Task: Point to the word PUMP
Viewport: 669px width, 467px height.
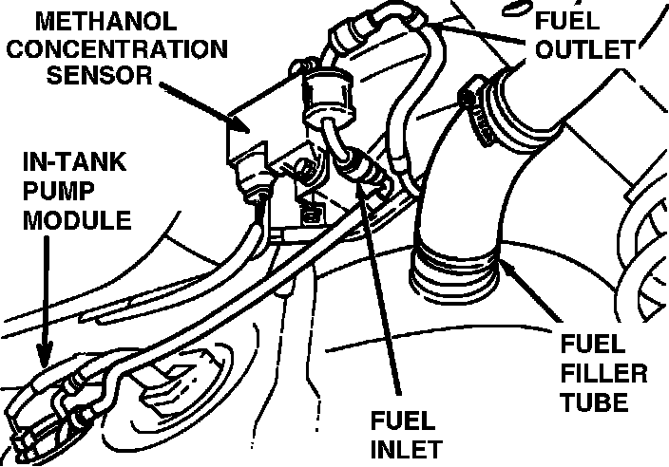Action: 50,196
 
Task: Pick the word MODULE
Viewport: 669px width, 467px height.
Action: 66,222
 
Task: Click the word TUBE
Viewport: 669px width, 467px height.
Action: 594,402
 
